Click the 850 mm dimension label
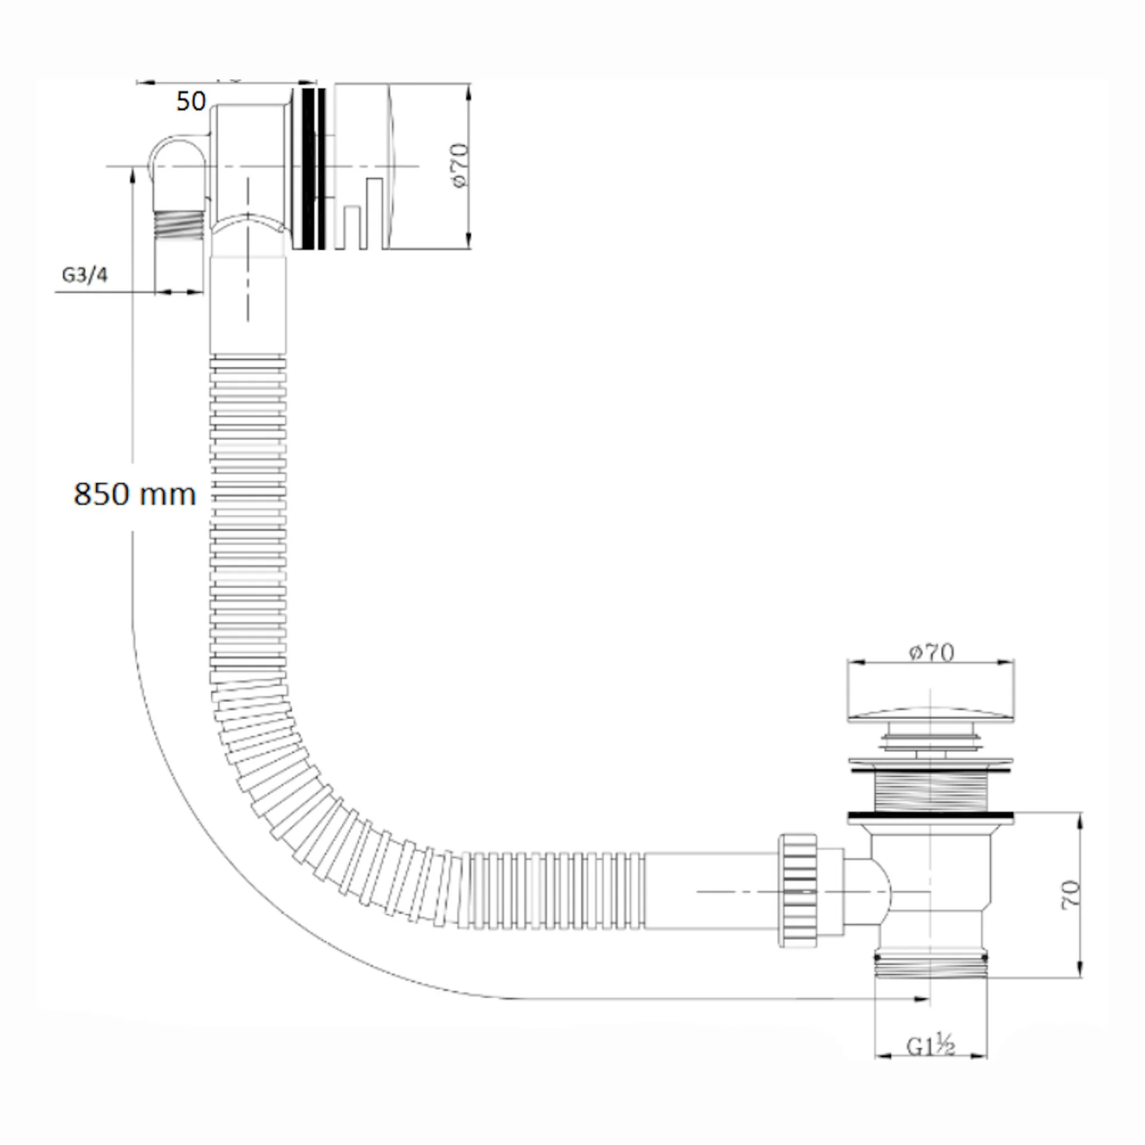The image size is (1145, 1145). click(135, 493)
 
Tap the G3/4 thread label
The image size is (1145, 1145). click(85, 275)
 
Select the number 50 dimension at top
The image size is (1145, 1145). click(191, 101)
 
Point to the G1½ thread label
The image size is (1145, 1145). click(930, 1047)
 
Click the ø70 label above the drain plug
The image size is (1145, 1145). click(931, 653)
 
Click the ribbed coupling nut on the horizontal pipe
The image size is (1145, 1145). click(797, 891)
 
